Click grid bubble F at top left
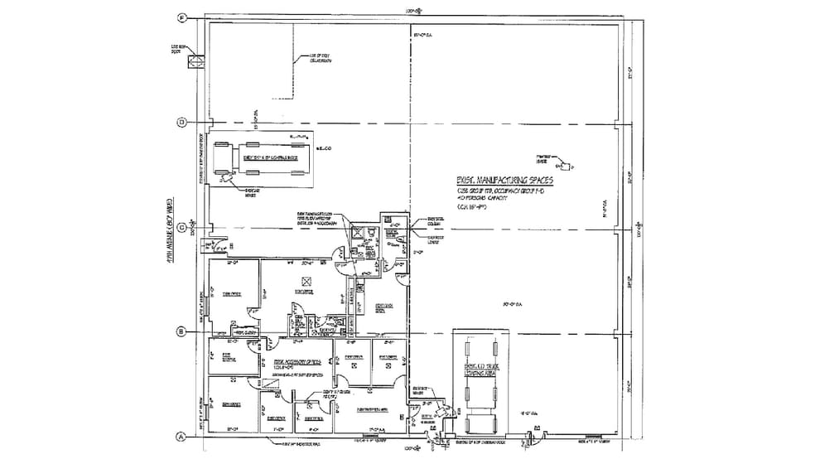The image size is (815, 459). [x=183, y=17]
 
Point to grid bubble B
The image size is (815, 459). [x=181, y=331]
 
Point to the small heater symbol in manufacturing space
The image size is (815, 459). [x=565, y=164]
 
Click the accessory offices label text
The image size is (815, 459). [x=299, y=364]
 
